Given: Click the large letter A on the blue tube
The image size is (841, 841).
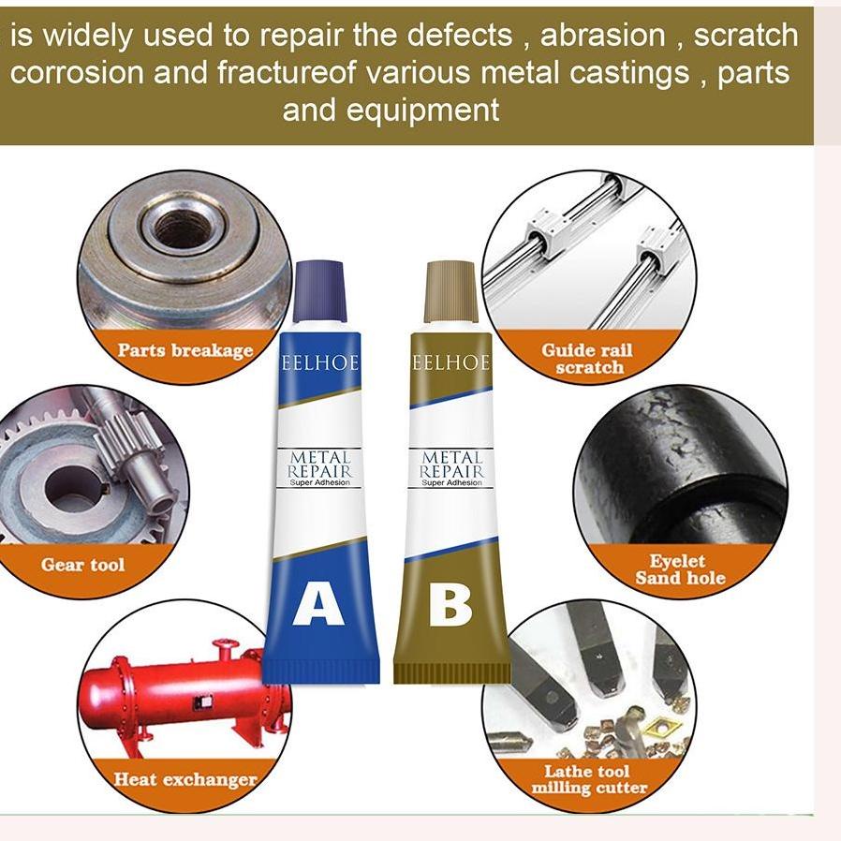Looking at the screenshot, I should click(318, 605).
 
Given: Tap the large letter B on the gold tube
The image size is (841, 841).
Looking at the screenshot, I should click(450, 605).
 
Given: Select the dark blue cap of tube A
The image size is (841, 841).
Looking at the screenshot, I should click(320, 291).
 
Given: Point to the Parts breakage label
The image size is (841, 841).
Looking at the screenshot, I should click(184, 350).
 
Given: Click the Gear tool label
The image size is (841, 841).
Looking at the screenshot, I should click(82, 565).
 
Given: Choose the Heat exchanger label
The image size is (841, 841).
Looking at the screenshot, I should click(184, 778).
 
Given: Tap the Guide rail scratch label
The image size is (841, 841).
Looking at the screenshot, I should click(588, 359).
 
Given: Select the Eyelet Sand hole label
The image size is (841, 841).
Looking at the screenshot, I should click(679, 569).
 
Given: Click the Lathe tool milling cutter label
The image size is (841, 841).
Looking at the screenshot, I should click(589, 779).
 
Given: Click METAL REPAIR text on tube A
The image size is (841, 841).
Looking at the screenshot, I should click(320, 465).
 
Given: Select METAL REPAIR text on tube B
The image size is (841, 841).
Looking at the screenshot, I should click(451, 465).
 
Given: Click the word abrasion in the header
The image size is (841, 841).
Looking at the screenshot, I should click(603, 36).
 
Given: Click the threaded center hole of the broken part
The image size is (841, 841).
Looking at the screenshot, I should click(182, 228).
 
